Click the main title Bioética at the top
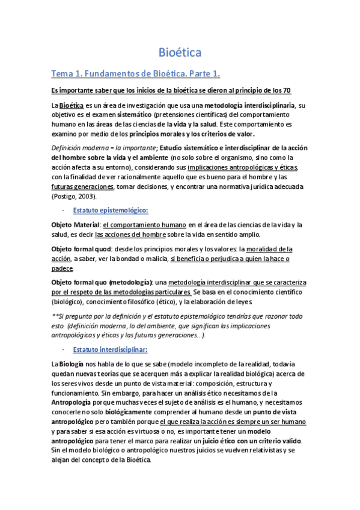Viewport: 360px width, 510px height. click(x=180, y=52)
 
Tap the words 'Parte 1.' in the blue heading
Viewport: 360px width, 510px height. click(x=203, y=74)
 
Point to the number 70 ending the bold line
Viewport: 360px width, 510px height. click(x=287, y=90)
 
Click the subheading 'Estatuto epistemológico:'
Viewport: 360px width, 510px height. click(x=111, y=210)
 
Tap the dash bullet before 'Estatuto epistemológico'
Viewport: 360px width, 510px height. click(x=64, y=210)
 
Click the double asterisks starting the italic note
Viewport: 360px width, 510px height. click(x=53, y=316)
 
